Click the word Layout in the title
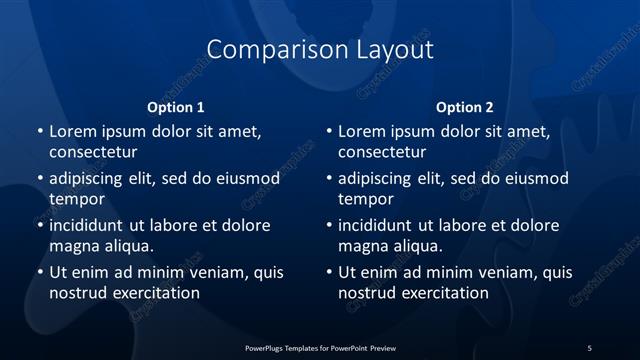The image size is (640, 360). click(389, 49)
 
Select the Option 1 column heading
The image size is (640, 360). click(176, 107)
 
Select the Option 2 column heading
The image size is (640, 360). click(465, 107)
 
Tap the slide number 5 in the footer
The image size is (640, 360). click(589, 347)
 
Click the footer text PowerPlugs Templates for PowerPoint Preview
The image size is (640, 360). click(319, 347)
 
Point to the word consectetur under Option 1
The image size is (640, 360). click(93, 153)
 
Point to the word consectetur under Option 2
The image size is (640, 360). click(382, 153)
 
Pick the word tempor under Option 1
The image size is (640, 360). click(77, 199)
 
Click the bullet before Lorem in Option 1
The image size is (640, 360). click(39, 132)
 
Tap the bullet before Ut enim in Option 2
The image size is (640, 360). click(328, 272)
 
